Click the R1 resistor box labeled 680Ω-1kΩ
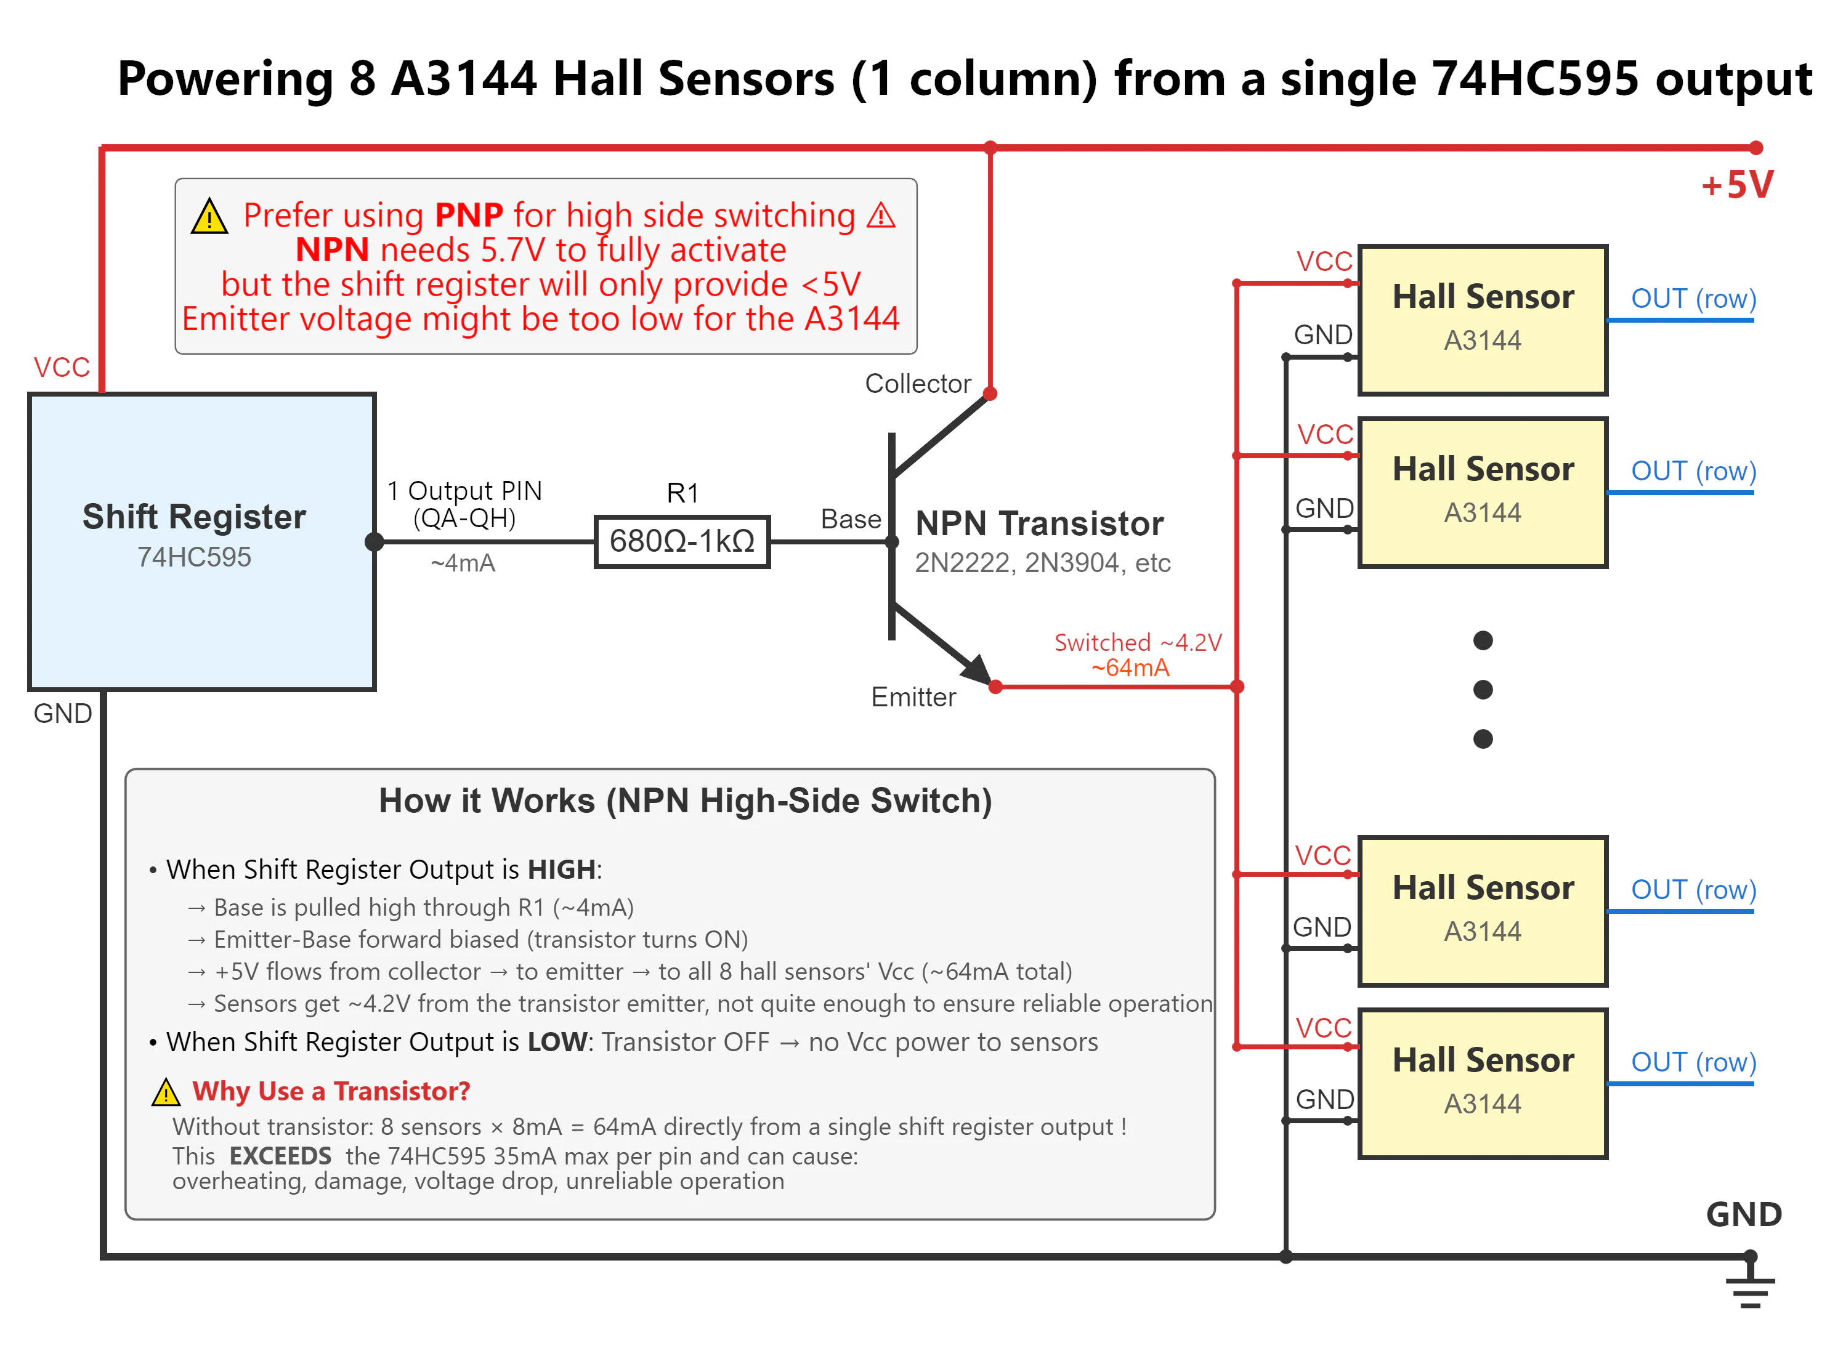pos(682,542)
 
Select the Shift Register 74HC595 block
pos(202,542)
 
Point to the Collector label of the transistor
pos(918,384)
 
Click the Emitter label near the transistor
pos(913,697)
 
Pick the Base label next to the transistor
pos(851,519)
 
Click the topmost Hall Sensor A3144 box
pos(1483,320)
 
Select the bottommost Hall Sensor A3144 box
pos(1483,1083)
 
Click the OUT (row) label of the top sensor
pos(1693,299)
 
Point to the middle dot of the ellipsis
pos(1483,690)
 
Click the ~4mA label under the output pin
pos(463,563)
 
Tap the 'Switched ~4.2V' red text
pos(1138,642)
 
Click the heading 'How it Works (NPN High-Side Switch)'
pos(685,801)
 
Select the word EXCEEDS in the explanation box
pos(280,1155)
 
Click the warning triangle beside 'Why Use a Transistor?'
pos(166,1092)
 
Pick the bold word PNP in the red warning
pos(469,215)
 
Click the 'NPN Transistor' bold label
pos(1039,523)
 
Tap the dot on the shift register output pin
pos(374,542)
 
